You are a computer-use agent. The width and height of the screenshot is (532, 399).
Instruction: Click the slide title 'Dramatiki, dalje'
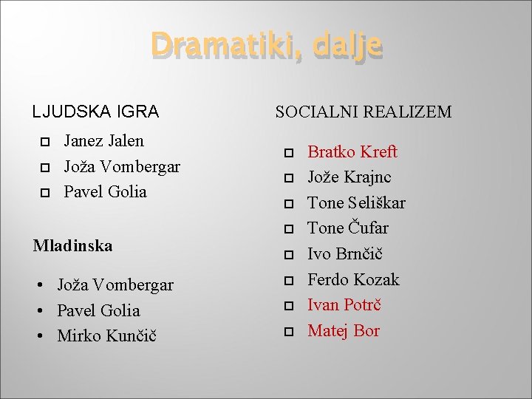[x=266, y=46]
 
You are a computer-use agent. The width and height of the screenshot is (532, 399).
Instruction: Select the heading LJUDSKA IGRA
[x=95, y=112]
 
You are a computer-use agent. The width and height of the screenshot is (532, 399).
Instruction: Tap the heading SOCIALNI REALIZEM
[x=363, y=112]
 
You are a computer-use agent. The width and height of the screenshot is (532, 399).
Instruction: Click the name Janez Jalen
[x=103, y=140]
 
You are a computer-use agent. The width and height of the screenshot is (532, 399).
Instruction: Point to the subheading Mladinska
[x=72, y=246]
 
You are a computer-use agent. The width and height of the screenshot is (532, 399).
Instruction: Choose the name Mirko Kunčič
[x=106, y=336]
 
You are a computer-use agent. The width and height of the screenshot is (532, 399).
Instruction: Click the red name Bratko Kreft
[x=352, y=152]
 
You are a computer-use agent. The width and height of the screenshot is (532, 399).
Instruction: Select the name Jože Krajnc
[x=349, y=177]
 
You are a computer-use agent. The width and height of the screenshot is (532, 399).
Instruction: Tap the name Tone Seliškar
[x=356, y=202]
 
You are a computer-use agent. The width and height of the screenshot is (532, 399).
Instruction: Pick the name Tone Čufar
[x=347, y=228]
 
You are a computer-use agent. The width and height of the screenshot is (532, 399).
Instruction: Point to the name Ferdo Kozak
[x=353, y=279]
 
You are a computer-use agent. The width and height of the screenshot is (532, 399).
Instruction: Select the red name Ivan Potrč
[x=344, y=305]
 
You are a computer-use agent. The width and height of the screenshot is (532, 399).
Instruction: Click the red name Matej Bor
[x=343, y=330]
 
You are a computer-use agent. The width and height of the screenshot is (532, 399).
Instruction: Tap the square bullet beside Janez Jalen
[x=44, y=141]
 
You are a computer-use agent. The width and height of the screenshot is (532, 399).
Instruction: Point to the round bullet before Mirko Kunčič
[x=42, y=337]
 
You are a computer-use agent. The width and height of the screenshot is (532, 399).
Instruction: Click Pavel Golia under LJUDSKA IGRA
[x=105, y=191]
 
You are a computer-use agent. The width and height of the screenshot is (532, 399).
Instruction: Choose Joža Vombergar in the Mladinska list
[x=115, y=285]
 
